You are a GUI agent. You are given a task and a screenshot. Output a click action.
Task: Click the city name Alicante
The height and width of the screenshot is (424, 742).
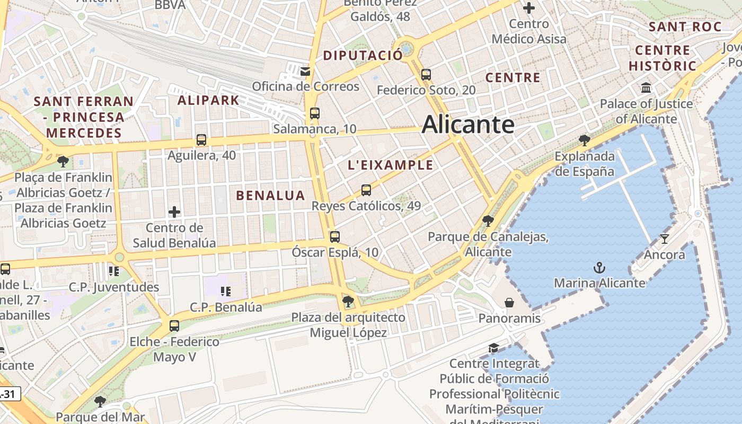[468, 125]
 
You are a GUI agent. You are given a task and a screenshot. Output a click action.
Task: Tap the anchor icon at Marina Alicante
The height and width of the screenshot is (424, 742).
[599, 267]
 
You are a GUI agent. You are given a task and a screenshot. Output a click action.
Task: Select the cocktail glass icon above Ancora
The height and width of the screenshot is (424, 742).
[665, 238]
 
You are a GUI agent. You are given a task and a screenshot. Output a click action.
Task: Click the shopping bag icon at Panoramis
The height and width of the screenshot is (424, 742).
[509, 303]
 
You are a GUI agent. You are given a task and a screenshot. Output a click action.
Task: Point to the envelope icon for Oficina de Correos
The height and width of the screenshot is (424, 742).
[305, 71]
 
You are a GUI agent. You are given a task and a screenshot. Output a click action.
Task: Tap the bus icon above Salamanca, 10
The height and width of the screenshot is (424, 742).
[315, 113]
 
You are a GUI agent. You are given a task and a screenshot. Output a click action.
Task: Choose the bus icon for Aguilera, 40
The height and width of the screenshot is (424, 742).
[201, 140]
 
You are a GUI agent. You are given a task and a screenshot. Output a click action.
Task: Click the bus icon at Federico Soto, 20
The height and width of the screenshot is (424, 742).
[426, 75]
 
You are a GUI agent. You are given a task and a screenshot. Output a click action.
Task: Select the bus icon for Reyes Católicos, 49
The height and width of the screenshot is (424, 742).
[366, 190]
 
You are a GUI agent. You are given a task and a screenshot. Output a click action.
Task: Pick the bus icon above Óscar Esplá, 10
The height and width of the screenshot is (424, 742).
[334, 236]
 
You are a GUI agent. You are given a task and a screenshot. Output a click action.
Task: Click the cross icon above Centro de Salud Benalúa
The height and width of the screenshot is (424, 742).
[174, 212]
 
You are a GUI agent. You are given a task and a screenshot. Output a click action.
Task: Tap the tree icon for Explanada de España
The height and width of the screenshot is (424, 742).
[585, 140]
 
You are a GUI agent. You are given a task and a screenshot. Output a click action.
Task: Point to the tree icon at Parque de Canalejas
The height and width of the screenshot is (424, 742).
[488, 220]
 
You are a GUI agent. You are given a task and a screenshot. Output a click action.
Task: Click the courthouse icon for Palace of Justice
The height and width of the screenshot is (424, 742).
[646, 87]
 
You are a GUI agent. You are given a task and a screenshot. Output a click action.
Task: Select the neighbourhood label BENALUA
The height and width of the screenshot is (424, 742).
[270, 196]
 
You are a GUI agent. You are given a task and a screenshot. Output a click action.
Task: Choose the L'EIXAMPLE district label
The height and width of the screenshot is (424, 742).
[390, 165]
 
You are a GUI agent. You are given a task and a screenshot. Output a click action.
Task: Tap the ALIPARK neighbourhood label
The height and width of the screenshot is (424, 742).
[208, 100]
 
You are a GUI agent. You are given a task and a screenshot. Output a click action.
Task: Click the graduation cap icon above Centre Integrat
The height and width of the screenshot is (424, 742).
[493, 348]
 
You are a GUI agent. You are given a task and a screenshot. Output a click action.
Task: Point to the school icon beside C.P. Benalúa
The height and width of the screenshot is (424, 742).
[226, 291]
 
